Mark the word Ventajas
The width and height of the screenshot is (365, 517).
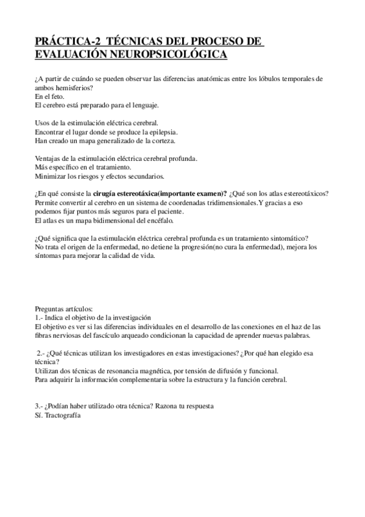point(49,159)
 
